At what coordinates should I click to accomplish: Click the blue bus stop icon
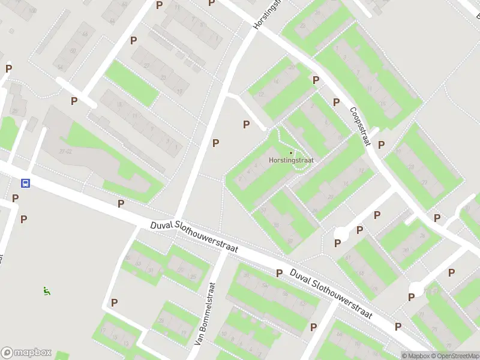click(x=26, y=183)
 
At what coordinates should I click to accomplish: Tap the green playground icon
click(x=46, y=291)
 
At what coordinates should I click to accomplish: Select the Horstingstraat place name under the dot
click(x=292, y=160)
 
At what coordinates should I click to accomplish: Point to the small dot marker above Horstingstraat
click(x=291, y=152)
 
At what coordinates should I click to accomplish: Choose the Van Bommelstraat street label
click(x=205, y=314)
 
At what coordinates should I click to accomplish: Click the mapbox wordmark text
click(x=33, y=353)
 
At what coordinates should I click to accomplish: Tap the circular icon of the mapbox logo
click(x=7, y=353)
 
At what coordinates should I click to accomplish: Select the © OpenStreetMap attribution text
click(x=455, y=356)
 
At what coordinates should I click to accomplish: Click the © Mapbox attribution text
click(x=416, y=356)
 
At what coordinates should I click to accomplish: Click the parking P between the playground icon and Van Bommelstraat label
click(x=114, y=302)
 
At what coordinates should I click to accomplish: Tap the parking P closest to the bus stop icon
click(x=16, y=197)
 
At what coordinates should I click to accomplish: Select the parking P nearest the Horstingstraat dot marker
click(x=246, y=124)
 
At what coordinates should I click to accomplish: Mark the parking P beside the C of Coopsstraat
click(x=336, y=103)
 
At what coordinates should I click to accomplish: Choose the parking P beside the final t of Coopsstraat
click(x=381, y=145)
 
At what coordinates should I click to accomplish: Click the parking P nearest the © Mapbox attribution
click(x=398, y=326)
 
